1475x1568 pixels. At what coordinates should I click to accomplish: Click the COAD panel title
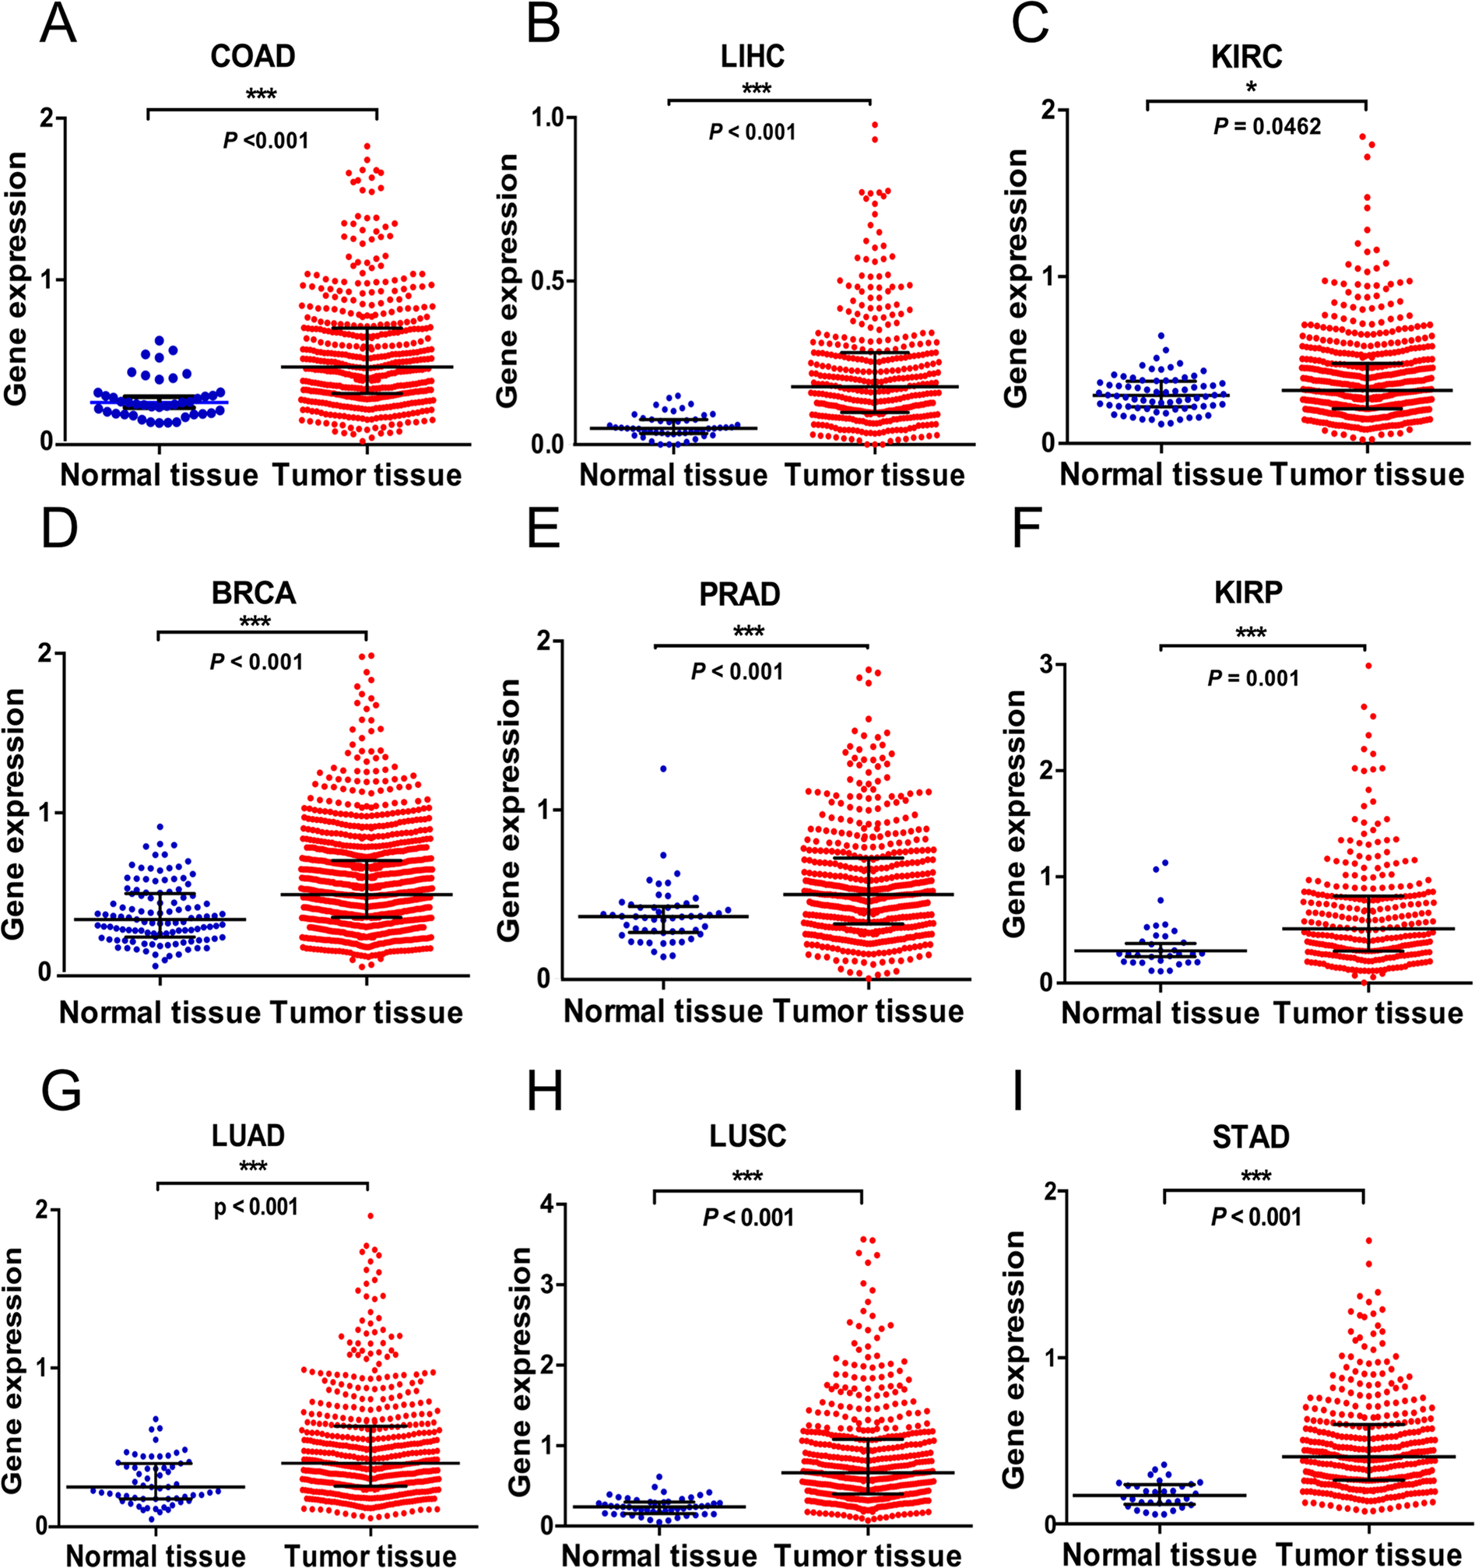click(253, 56)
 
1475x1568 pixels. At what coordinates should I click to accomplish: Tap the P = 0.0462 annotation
click(1267, 126)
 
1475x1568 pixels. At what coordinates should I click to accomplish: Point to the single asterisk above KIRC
click(1251, 87)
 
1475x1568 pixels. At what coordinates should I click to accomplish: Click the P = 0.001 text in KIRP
click(1252, 677)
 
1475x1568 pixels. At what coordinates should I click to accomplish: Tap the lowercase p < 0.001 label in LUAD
click(256, 1207)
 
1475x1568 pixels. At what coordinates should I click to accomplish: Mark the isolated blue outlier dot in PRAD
click(664, 768)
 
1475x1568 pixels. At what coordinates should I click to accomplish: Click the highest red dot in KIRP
click(1368, 666)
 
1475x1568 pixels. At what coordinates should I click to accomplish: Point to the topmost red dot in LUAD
click(370, 1216)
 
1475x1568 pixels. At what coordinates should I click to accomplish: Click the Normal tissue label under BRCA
click(160, 1013)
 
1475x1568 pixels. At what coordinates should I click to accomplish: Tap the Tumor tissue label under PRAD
click(868, 1011)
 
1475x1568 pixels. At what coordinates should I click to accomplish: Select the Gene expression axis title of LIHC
click(508, 281)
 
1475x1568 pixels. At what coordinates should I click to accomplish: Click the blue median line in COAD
click(160, 403)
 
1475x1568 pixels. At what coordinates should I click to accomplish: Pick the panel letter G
click(60, 1092)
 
